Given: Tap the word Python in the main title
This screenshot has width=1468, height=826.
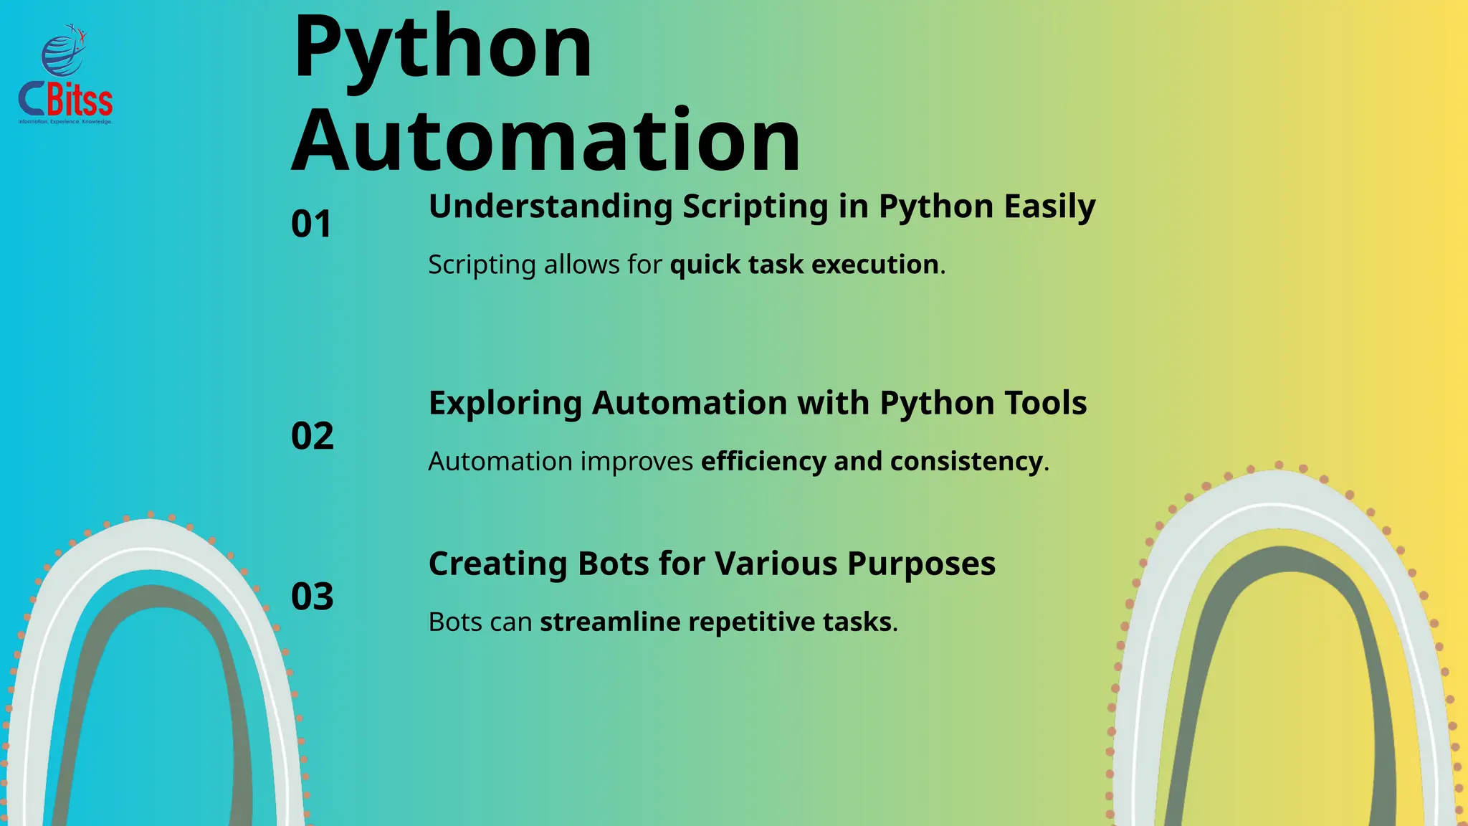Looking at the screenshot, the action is coord(443,49).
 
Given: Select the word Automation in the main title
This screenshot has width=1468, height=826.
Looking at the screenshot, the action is coord(546,141).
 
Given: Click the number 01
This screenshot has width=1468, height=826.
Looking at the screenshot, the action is coord(312,224).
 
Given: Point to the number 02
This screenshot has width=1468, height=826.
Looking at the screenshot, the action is coord(313,436).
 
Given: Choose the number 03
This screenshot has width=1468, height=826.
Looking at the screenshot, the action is coord(313,597).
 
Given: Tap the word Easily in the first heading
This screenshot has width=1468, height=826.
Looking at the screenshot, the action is coord(1049,206).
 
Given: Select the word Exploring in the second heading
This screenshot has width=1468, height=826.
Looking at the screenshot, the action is coord(505,403).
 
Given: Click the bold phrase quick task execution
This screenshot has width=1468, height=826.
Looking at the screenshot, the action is coord(804,265).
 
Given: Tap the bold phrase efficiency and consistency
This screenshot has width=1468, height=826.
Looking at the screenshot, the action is coord(872,461).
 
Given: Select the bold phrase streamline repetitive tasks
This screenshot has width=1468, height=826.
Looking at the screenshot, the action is coord(716,622).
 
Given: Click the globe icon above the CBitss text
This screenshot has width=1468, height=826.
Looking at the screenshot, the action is coord(63,53).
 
